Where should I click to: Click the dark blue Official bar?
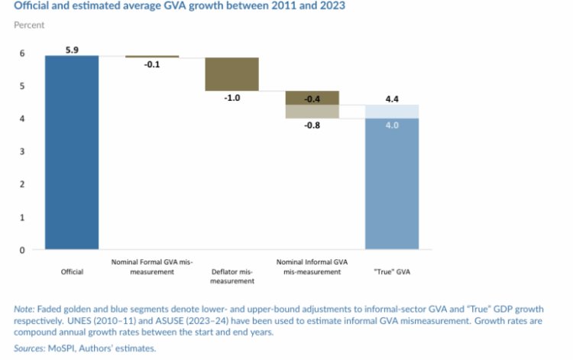tap(72, 153)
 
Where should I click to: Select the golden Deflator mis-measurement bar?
tap(231, 74)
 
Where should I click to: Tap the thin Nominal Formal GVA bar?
tap(152, 57)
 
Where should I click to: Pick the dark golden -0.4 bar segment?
tap(312, 98)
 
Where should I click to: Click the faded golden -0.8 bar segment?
tap(312, 112)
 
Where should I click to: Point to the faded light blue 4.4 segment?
tap(392, 112)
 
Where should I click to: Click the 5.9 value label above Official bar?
tap(72, 50)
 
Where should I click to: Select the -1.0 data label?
tap(231, 98)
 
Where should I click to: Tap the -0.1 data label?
tap(152, 65)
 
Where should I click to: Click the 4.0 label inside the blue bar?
tap(392, 125)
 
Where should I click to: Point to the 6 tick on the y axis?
tap(23, 54)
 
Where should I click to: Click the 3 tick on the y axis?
tap(23, 151)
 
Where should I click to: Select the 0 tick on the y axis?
tap(23, 250)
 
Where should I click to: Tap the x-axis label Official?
tap(72, 271)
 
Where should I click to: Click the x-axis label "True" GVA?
tap(392, 271)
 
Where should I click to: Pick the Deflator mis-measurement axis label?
tap(231, 276)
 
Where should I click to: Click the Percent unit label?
tap(29, 25)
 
